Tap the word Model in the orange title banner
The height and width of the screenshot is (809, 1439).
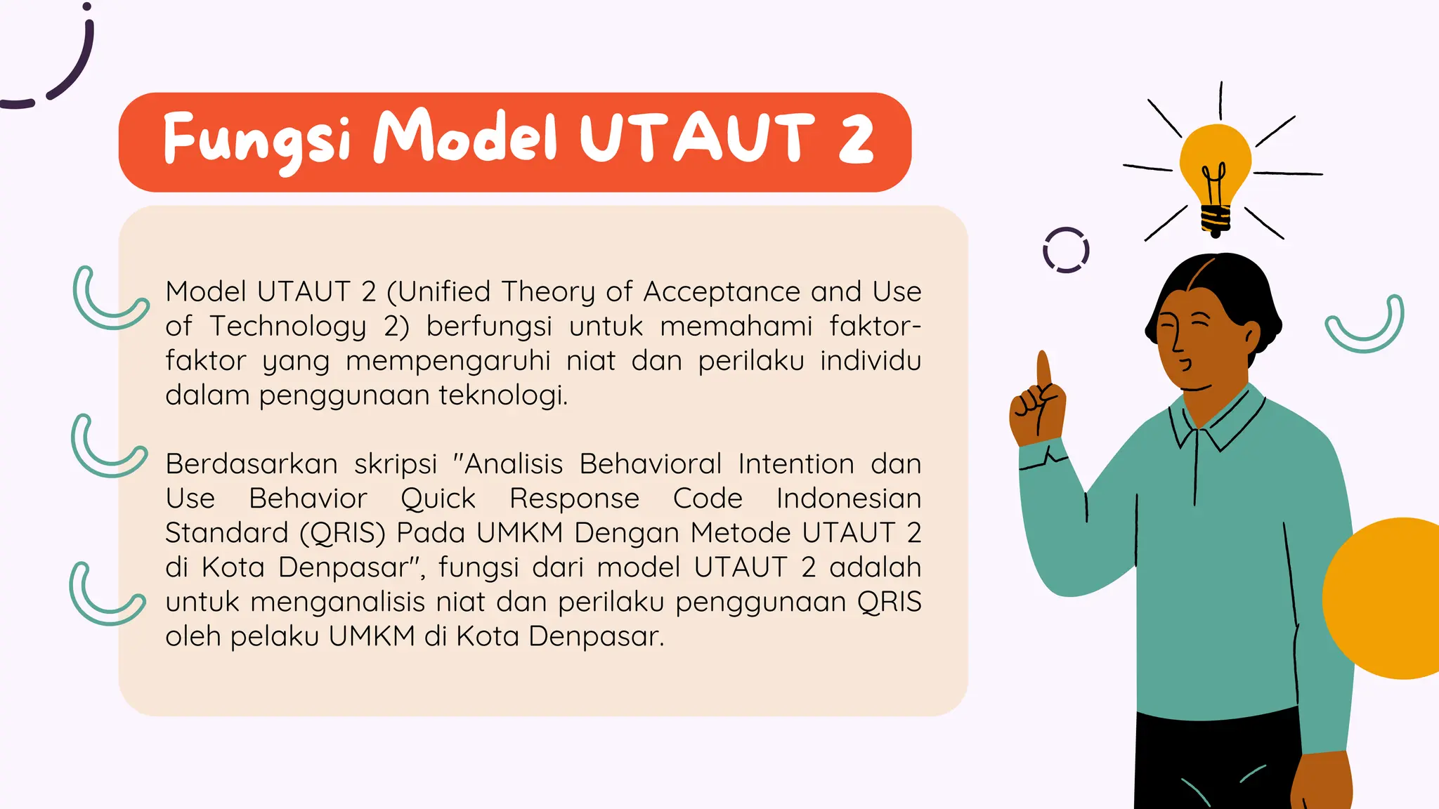(464, 136)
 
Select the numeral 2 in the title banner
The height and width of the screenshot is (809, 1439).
(856, 138)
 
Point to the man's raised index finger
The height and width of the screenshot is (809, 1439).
(1043, 368)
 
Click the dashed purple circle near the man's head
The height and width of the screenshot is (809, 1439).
(1066, 250)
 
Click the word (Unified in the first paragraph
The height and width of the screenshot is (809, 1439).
(438, 291)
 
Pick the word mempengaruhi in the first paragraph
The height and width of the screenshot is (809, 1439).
(448, 361)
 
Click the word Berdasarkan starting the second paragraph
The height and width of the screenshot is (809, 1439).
(251, 464)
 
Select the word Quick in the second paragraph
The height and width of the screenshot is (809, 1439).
(438, 499)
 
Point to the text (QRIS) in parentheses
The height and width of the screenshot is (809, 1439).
(342, 533)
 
